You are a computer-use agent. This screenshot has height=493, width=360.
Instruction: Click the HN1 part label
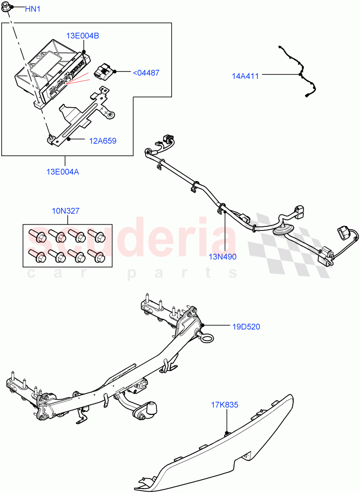coord(33,9)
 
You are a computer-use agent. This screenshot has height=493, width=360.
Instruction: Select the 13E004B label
coord(83,36)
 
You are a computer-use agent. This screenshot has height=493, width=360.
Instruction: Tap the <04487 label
coord(146,73)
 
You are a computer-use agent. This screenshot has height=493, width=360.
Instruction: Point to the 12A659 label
coord(103,141)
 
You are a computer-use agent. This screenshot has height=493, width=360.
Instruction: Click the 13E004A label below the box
coord(63,172)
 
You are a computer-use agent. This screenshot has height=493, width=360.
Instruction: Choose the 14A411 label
coord(245,76)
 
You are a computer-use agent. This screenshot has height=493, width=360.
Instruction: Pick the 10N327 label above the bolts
coord(66,211)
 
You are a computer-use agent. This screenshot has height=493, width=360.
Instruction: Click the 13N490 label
coord(222,256)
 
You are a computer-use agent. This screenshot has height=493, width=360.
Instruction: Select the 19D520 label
coord(246,327)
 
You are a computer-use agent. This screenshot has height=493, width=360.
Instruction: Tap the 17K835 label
coord(224,405)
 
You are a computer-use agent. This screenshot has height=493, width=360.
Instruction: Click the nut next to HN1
coord(12,8)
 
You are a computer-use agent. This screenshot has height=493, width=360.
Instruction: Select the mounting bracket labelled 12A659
coord(82,119)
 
